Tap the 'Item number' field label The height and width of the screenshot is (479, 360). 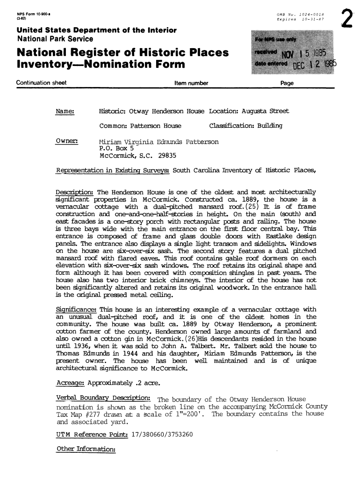pos(191,83)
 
